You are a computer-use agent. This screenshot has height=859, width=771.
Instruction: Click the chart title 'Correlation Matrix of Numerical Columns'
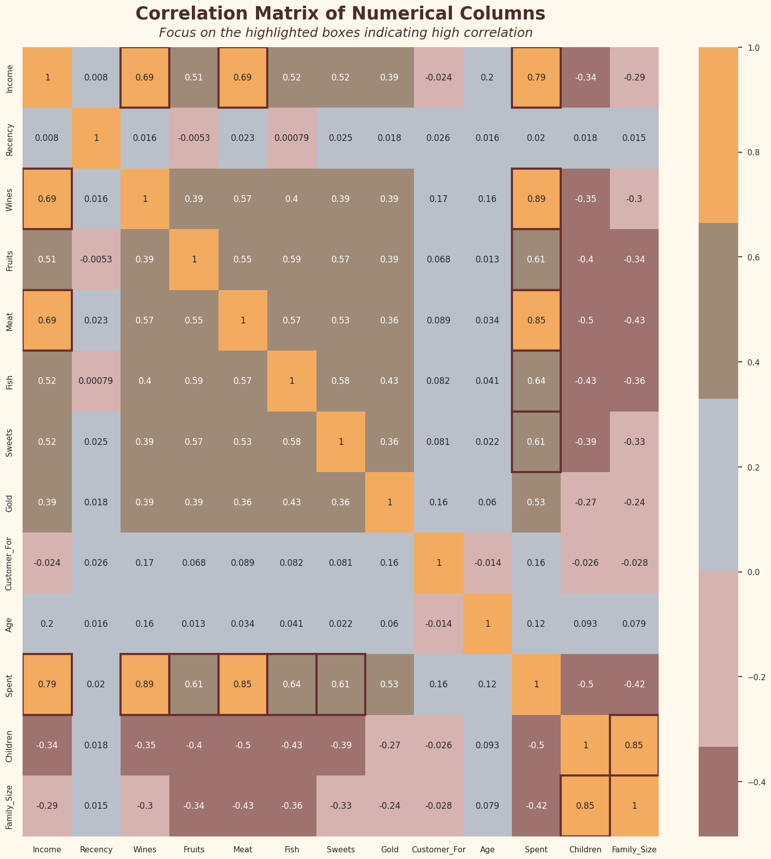click(x=340, y=14)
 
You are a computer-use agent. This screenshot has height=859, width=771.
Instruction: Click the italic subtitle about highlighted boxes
click(x=345, y=33)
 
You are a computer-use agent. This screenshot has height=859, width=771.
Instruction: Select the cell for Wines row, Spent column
click(x=536, y=199)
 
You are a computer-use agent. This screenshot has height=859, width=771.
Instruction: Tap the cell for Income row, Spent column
click(x=536, y=77)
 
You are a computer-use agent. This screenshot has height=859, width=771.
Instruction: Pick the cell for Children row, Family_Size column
click(x=634, y=745)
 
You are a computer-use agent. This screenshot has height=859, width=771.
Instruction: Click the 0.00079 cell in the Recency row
click(x=292, y=138)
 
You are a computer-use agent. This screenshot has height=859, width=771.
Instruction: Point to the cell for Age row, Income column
click(x=47, y=624)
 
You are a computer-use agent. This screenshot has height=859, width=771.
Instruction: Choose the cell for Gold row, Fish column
click(x=292, y=502)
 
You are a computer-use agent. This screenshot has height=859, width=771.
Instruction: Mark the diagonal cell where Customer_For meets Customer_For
click(x=439, y=563)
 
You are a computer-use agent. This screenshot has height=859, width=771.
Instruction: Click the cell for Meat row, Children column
click(x=585, y=320)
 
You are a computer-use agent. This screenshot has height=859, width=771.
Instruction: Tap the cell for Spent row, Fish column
click(x=292, y=684)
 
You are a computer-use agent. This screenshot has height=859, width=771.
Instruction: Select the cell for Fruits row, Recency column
click(x=96, y=259)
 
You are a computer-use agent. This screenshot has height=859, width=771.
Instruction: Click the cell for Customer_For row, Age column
click(x=487, y=563)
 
